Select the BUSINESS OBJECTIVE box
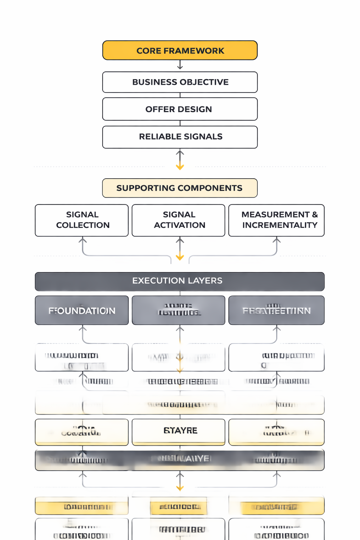click(180, 82)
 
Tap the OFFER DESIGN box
click(180, 109)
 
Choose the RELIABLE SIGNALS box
click(180, 137)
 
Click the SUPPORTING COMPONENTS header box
click(180, 188)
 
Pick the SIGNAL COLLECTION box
click(82, 220)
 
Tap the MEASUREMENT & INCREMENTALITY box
click(276, 220)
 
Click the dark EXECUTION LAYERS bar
click(180, 281)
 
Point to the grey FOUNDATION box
click(82, 310)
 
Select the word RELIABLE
click(158, 137)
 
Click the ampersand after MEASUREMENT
click(315, 214)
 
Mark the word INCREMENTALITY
click(280, 225)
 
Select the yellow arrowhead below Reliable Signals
click(180, 167)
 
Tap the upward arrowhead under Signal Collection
click(83, 240)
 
